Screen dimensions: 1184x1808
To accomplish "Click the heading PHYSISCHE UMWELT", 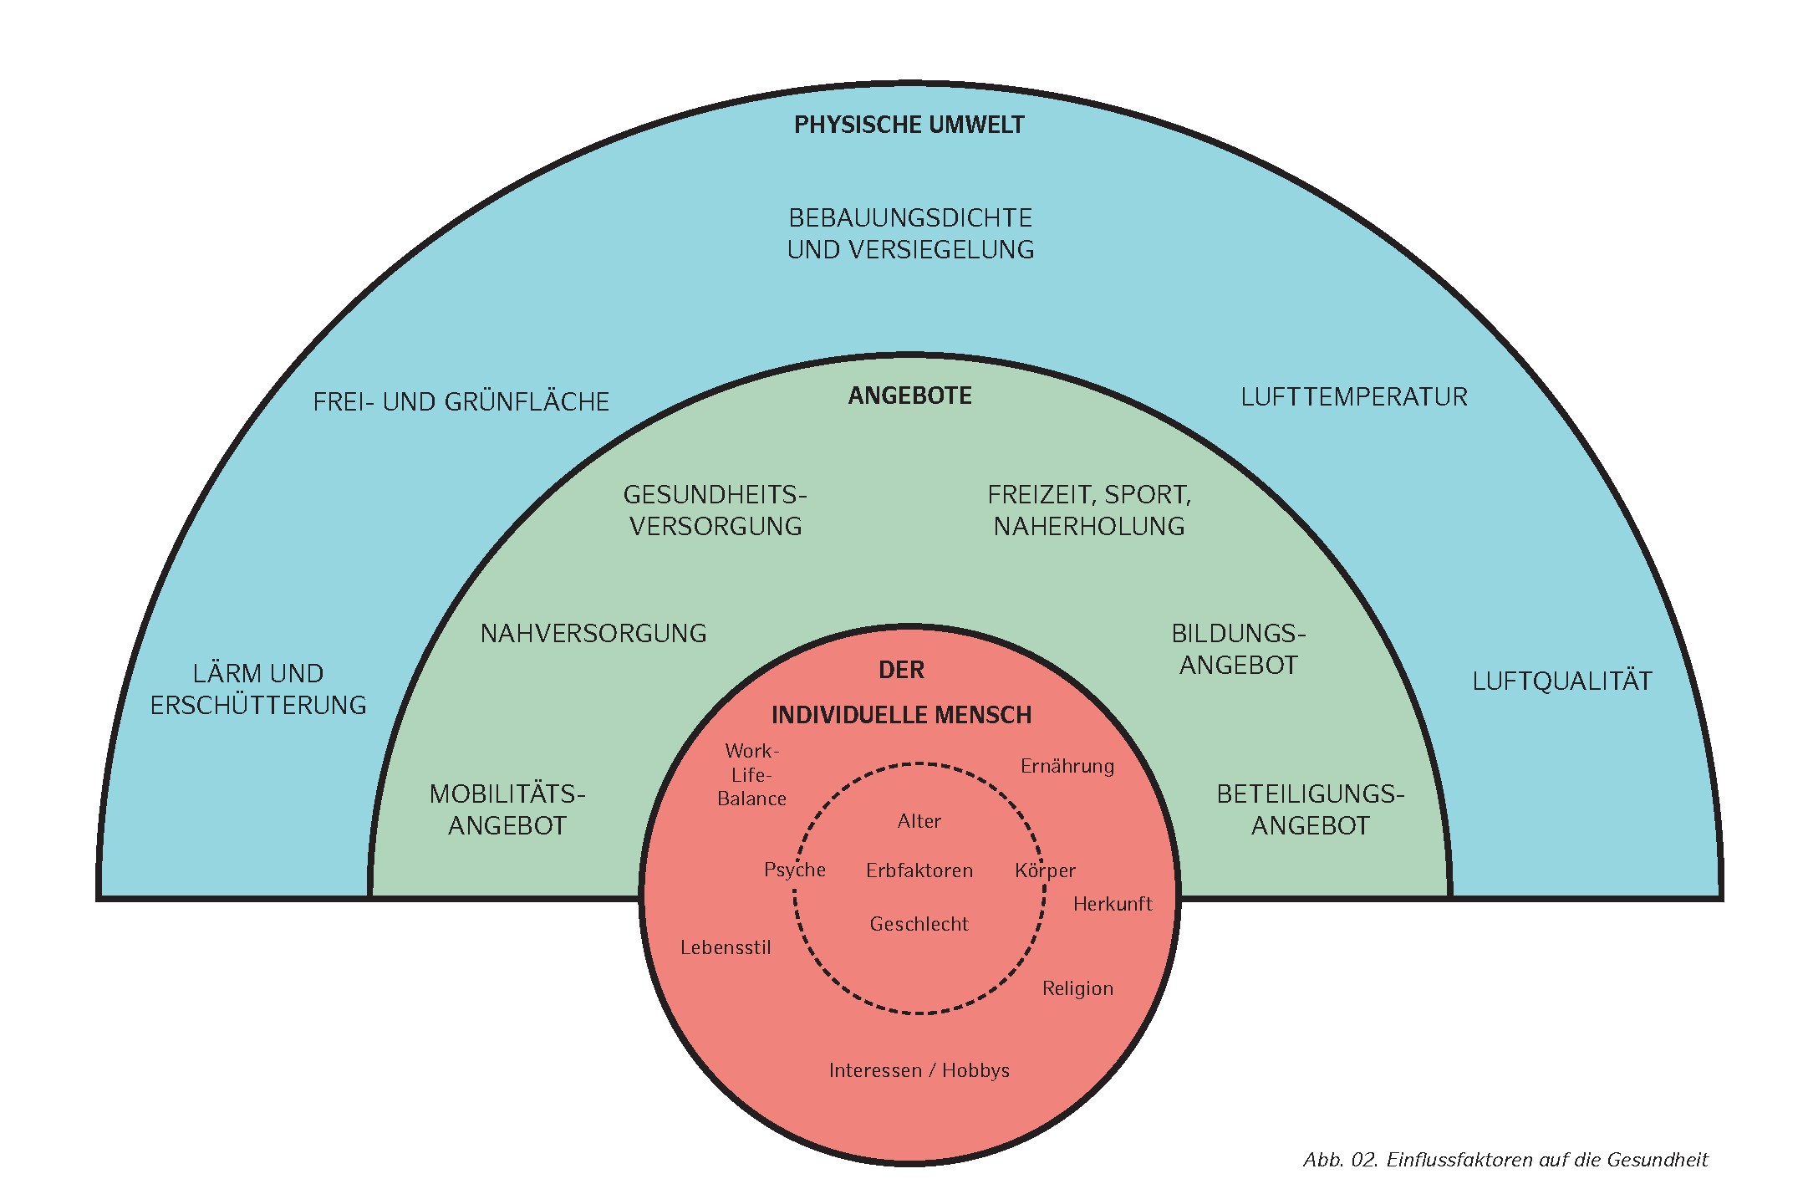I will coord(909,125).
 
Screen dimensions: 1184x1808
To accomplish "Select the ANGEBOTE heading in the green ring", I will coord(909,396).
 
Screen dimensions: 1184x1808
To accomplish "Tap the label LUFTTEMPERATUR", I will coord(1353,397).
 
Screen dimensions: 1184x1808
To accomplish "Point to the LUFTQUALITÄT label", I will coord(1561,681).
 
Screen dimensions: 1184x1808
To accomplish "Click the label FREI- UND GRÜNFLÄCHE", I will coord(461,402).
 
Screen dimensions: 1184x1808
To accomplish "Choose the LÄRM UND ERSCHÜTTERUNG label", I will coord(258,689).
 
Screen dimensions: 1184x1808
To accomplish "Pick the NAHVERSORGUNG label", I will coord(593,634).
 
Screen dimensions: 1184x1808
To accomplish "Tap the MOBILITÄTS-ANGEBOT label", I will coord(507,809).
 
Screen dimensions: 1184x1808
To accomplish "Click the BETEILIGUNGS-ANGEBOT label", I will coord(1310,809).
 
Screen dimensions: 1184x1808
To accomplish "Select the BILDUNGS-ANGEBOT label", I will coord(1238,649).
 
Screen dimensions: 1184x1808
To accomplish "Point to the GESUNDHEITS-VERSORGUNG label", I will coord(715,510).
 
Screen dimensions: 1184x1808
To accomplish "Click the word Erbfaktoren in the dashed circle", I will coord(919,871).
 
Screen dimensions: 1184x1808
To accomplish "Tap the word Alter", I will coord(919,822).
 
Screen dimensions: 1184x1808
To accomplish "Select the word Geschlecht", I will coord(919,925).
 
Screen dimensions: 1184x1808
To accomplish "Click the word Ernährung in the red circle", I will coord(1067,767).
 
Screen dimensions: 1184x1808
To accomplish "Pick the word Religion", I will coord(1077,989).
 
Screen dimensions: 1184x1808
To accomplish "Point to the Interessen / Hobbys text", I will coord(919,1071).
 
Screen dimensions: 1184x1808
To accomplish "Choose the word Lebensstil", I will coord(726,948).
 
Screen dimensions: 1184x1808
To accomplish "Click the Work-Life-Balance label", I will coord(751,775).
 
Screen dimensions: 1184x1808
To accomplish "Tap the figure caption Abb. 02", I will coord(1505,1160).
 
